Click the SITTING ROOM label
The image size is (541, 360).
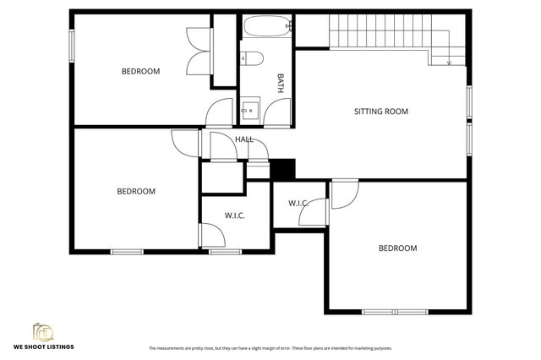pos(380,111)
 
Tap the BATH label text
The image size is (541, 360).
pos(281,82)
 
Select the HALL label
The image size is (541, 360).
pos(244,139)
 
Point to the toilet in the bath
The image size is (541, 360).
pos(251,57)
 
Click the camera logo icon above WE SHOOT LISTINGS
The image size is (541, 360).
pos(41,330)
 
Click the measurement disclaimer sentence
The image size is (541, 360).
pos(270,348)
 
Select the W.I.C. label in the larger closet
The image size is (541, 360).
pos(234,215)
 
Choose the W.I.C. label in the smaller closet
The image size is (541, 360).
pos(298,203)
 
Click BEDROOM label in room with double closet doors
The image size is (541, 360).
pos(140,71)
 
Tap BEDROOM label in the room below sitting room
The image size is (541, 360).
pos(397,248)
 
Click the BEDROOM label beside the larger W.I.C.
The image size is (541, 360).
pos(136,191)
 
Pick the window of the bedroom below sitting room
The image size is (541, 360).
pos(395,312)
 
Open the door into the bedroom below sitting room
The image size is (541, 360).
pos(342,194)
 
